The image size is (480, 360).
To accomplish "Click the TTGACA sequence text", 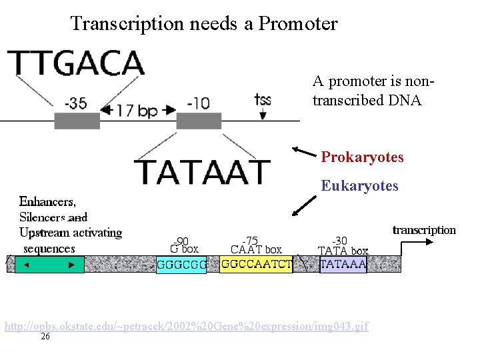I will (x=77, y=64).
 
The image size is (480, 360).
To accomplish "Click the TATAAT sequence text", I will (x=203, y=172).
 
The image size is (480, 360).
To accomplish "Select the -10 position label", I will (x=198, y=103).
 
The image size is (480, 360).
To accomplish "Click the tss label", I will (x=263, y=100).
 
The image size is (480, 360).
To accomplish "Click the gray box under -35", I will (x=77, y=121).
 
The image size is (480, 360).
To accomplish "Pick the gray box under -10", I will (x=199, y=121).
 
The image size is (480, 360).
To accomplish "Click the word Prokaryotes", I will (x=362, y=157).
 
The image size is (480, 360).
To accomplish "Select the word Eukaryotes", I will (x=359, y=186).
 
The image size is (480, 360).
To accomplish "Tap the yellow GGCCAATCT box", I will (x=256, y=264).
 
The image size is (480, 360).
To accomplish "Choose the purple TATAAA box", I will (x=343, y=264).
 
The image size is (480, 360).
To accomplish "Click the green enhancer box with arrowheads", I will (x=49, y=265).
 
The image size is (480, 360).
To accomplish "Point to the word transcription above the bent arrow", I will (x=424, y=230).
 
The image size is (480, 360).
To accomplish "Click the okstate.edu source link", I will (x=186, y=327).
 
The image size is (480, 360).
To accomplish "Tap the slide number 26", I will (x=45, y=337).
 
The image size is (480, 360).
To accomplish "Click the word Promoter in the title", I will (x=298, y=24).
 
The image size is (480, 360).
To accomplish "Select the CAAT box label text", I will (x=256, y=250).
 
